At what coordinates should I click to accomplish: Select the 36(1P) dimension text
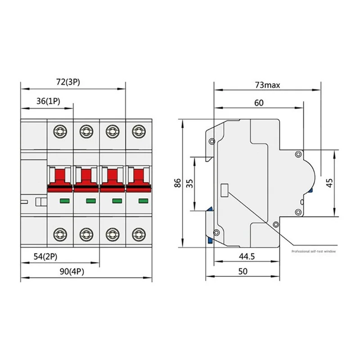point(48,101)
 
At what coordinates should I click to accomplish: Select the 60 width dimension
point(259,103)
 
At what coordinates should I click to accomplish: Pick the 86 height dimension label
point(177,183)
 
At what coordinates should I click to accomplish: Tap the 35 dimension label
point(189,183)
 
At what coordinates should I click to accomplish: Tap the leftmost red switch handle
point(60,175)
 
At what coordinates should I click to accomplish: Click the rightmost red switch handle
point(138,175)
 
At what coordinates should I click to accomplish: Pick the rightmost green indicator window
point(143,201)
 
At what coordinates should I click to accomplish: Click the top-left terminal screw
point(60,131)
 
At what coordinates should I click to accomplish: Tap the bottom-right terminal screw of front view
point(138,234)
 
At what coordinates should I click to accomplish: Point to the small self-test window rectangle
point(224,190)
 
